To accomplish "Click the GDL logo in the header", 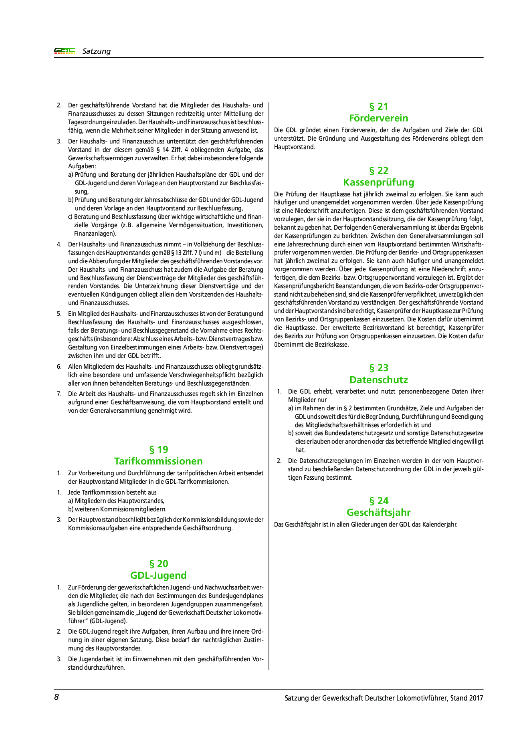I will coord(65,51).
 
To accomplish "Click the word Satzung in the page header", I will coord(96,51).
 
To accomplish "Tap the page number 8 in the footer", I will coord(57,697).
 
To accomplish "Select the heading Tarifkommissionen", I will coord(158,461).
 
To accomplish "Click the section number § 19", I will coord(158,449).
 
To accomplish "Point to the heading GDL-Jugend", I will coord(158,575).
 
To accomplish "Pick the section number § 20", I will coord(158,564).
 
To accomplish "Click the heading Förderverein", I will coord(378,118).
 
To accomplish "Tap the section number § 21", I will coord(378,107).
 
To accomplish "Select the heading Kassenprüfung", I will coord(378,182).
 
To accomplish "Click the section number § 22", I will coord(378,171).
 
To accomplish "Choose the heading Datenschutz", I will coord(378,380).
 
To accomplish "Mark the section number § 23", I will coord(378,368).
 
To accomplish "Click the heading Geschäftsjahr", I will coord(378,513).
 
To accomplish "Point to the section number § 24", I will coord(378,501).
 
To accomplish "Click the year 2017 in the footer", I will coord(476,698).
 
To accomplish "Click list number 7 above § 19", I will coord(59,394).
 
